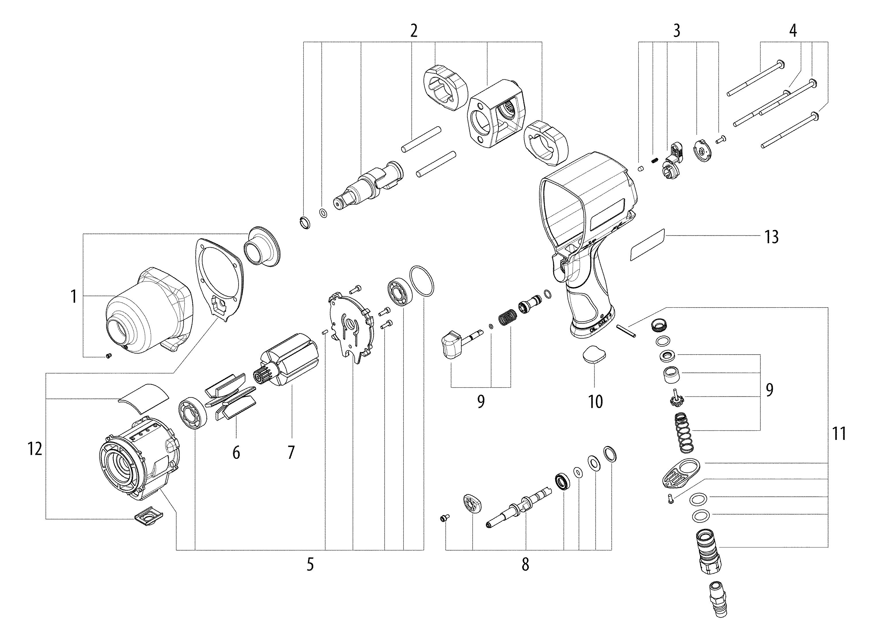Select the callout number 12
click(x=35, y=449)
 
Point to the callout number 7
click(x=291, y=452)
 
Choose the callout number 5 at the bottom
click(x=310, y=564)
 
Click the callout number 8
click(x=525, y=564)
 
